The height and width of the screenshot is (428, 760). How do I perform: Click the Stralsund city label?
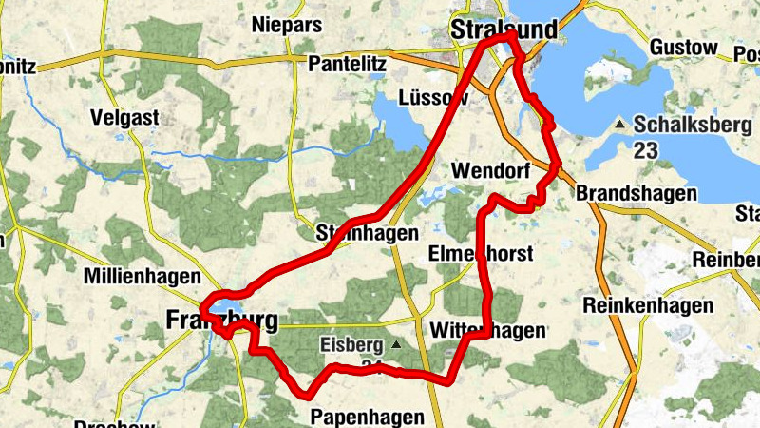503,29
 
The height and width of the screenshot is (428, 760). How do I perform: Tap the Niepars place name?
288,25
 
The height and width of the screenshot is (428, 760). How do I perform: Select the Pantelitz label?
347,64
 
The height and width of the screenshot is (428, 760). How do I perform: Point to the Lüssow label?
434,98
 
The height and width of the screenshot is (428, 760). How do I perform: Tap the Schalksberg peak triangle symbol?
620,125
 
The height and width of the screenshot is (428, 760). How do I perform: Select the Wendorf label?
489,171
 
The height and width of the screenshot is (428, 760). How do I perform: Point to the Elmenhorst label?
482,254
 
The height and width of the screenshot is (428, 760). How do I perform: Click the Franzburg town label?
221,321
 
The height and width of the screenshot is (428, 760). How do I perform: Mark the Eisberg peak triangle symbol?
396,344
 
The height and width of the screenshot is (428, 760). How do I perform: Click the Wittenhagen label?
487,330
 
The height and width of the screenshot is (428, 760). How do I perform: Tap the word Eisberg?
351,344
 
